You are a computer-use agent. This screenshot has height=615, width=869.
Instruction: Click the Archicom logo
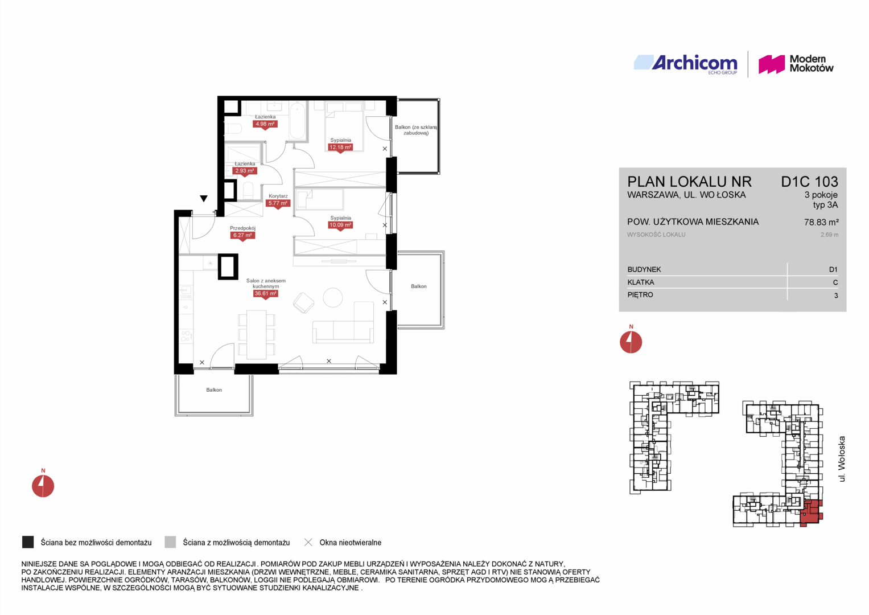tap(686, 64)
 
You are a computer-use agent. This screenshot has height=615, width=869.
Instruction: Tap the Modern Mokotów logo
tap(796, 64)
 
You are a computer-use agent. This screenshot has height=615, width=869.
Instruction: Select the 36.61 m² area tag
tap(265, 294)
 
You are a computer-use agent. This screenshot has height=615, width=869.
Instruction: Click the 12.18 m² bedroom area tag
tap(340, 148)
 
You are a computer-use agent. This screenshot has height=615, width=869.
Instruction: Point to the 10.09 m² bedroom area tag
tap(340, 225)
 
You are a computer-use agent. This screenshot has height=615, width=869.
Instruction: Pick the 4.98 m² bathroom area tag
tap(265, 125)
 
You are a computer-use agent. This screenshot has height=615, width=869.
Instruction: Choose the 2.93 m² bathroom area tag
tap(244, 171)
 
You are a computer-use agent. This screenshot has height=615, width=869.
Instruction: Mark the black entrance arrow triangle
tap(204, 198)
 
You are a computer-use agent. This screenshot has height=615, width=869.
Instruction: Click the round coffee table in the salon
tap(333, 298)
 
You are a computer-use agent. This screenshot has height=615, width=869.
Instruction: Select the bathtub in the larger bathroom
tap(298, 120)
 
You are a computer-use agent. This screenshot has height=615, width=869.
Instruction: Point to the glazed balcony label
tap(416, 130)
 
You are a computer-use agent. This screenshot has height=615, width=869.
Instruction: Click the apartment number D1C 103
tap(809, 182)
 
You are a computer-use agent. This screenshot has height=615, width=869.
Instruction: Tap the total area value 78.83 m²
tap(821, 222)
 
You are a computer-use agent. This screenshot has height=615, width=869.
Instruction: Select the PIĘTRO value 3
tap(836, 296)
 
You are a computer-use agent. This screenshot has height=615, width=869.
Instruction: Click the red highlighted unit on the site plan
tap(811, 513)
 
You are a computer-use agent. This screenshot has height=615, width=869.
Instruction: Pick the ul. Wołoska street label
tap(842, 459)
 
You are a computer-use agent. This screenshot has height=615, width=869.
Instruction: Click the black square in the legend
tap(28, 542)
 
